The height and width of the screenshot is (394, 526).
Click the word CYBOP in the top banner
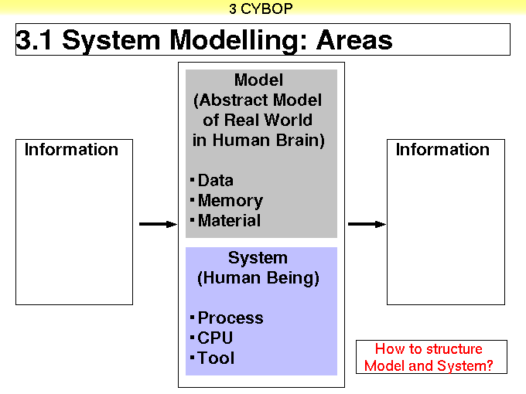pyautogui.click(x=267, y=8)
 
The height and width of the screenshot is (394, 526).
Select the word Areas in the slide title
pyautogui.click(x=354, y=40)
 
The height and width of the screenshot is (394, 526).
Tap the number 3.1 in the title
pyautogui.click(x=34, y=40)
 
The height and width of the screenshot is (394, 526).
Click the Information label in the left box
pyautogui.click(x=71, y=149)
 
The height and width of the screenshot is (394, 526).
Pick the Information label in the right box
pyautogui.click(x=442, y=149)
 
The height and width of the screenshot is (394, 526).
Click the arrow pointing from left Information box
pyautogui.click(x=158, y=224)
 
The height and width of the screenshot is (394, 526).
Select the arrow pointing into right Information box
pyautogui.click(x=367, y=224)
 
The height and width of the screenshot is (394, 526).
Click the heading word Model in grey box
pyautogui.click(x=258, y=80)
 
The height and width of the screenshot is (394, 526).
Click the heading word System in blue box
pyautogui.click(x=258, y=258)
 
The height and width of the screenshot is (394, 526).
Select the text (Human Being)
pyautogui.click(x=258, y=278)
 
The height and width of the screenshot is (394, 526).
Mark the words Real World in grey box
pyautogui.click(x=268, y=120)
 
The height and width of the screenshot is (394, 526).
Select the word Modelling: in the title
pyautogui.click(x=238, y=40)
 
